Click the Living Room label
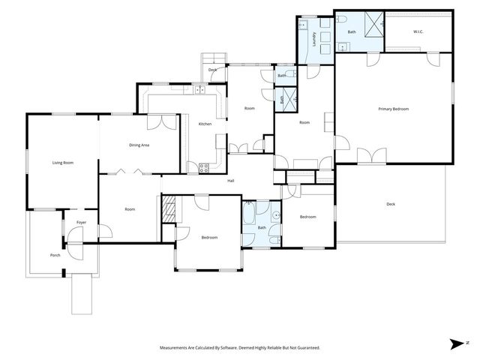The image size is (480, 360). click(x=62, y=163)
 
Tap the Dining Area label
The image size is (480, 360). click(x=139, y=145)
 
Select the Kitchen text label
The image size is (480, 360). click(x=205, y=124)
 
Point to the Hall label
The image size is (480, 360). click(x=232, y=180)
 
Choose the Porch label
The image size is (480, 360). click(x=55, y=255)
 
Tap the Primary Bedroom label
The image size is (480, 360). click(x=393, y=109)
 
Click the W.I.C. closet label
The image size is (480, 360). click(x=418, y=31)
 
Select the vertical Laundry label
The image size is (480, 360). click(x=313, y=39)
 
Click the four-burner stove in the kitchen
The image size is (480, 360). click(x=203, y=166)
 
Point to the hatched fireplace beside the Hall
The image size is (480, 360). click(x=169, y=208)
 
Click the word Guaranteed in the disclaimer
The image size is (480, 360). click(x=302, y=348)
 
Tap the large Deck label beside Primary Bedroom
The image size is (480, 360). click(x=390, y=204)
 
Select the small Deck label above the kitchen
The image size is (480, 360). click(x=212, y=70)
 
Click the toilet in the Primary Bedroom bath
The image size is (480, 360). click(x=339, y=20)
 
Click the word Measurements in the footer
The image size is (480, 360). click(x=177, y=348)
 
